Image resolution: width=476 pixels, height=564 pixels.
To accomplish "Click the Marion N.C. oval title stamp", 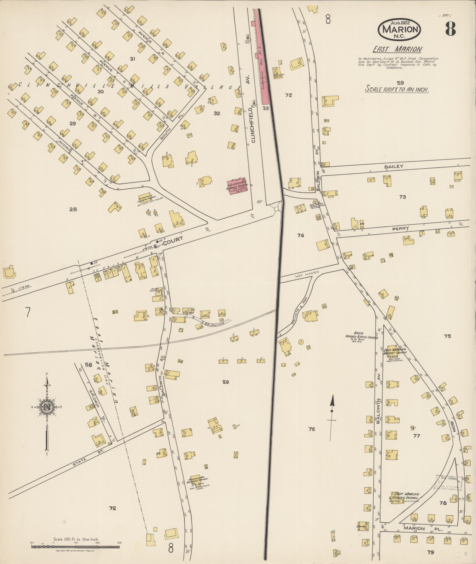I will point(400,29).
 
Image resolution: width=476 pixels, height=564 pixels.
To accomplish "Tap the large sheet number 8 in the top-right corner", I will point(450,29).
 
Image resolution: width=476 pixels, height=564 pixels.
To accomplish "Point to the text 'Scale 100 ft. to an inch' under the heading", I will point(397,89).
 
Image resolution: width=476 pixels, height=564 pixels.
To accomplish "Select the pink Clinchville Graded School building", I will point(237,186).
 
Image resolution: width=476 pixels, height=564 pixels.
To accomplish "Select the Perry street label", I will point(400,228).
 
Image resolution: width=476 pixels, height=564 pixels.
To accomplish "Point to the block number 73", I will point(402,197).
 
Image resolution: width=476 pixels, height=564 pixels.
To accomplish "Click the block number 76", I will point(312,429).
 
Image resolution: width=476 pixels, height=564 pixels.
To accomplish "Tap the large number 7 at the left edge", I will point(28,312).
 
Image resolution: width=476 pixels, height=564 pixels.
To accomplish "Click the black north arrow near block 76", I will point(332,408).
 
